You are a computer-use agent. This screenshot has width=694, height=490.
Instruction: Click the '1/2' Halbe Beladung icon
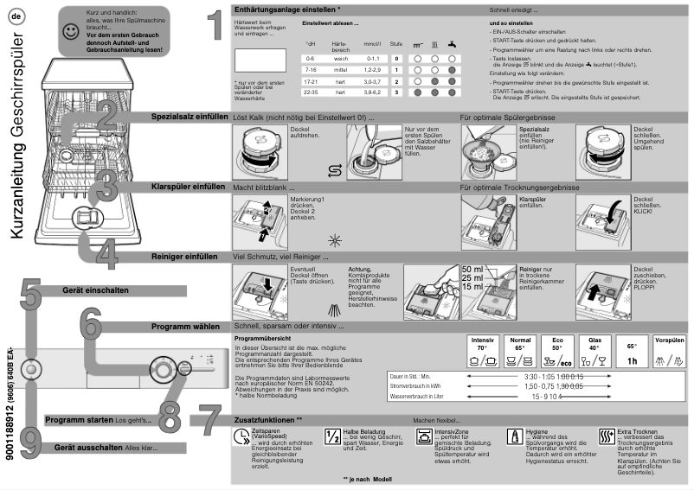tap(331, 436)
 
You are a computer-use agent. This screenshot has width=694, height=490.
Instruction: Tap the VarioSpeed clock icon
tap(240, 437)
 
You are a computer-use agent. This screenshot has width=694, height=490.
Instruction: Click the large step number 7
tap(202, 422)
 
